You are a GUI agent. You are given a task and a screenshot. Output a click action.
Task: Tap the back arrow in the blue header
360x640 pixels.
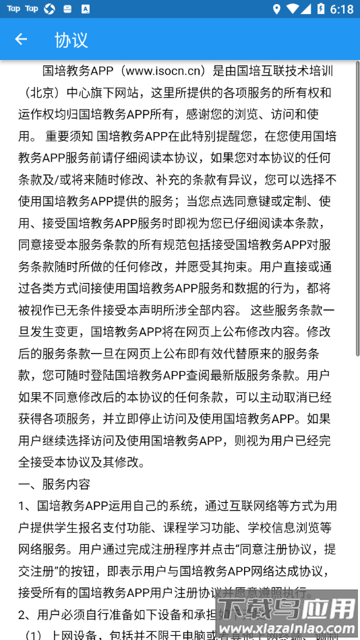point(21,39)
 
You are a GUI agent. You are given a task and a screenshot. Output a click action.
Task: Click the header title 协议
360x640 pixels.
point(71,40)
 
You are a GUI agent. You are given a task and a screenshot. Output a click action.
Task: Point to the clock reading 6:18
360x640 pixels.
point(342,9)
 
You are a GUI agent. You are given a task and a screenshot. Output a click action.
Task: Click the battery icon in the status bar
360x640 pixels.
point(320,9)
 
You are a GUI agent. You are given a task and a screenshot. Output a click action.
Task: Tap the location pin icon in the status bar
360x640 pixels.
point(276,9)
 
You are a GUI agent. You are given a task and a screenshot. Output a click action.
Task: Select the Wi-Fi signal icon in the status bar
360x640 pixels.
point(292,9)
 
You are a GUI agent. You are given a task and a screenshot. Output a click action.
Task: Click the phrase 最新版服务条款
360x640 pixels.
point(256,375)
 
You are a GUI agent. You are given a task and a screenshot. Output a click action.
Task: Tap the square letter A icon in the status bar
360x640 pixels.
point(84,9)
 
